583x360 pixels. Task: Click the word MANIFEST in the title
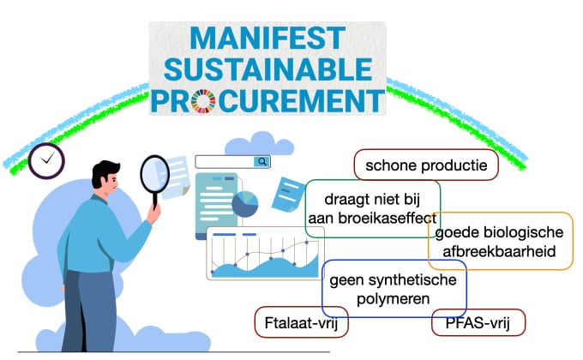[267, 38]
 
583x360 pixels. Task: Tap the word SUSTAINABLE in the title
[267, 69]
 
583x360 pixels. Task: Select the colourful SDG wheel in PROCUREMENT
[203, 101]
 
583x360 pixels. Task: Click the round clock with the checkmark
[46, 160]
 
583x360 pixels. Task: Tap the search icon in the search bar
[262, 162]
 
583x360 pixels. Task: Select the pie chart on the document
[245, 204]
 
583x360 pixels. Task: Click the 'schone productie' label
[426, 165]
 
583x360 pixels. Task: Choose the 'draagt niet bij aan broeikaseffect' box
[373, 208]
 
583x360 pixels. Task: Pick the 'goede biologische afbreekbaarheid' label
[501, 241]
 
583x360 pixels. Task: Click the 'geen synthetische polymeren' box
[394, 289]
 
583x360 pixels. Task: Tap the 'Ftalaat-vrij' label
[301, 322]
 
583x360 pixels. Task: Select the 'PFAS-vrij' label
[478, 322]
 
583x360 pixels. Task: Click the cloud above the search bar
[260, 144]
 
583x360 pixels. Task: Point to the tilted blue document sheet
[288, 194]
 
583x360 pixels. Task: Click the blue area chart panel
[265, 253]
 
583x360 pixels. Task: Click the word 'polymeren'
[393, 299]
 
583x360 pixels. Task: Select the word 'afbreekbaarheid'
[499, 251]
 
